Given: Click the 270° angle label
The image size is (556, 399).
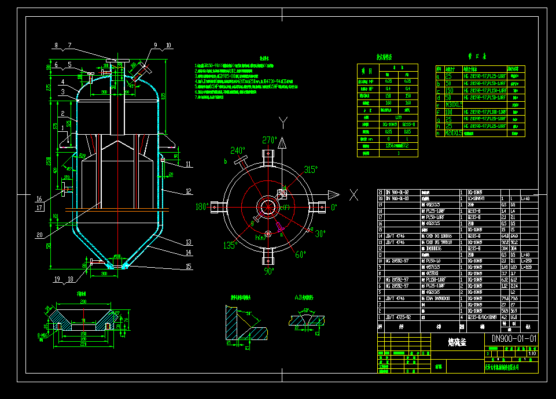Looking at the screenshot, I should [270, 141].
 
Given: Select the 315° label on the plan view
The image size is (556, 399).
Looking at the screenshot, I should [311, 169].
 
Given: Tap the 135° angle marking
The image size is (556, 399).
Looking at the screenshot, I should [230, 245].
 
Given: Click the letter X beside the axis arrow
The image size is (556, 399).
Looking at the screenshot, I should [353, 194].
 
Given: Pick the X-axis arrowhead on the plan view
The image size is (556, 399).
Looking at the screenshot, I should [334, 194].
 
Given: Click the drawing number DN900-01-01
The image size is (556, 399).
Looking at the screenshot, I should [514, 339].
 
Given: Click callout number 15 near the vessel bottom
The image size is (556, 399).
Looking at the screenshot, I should [188, 266].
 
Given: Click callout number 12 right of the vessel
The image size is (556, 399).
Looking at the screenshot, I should [188, 191].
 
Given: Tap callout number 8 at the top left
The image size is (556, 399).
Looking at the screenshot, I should [56, 45].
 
